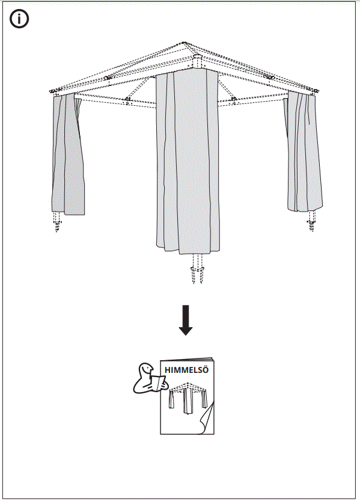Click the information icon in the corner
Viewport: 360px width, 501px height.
click(19, 19)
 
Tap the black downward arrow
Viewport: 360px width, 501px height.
click(186, 319)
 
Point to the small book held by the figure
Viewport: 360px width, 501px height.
click(157, 382)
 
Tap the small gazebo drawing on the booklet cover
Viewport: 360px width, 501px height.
click(188, 399)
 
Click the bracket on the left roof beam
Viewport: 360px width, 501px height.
click(108, 78)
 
